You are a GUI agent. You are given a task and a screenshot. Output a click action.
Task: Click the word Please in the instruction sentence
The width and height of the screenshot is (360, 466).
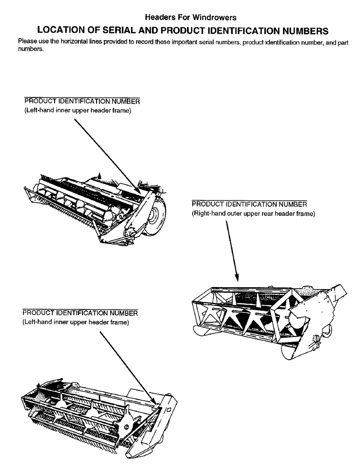pos(26,41)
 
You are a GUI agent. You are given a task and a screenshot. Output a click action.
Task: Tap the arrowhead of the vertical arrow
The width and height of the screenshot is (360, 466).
pos(237,278)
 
